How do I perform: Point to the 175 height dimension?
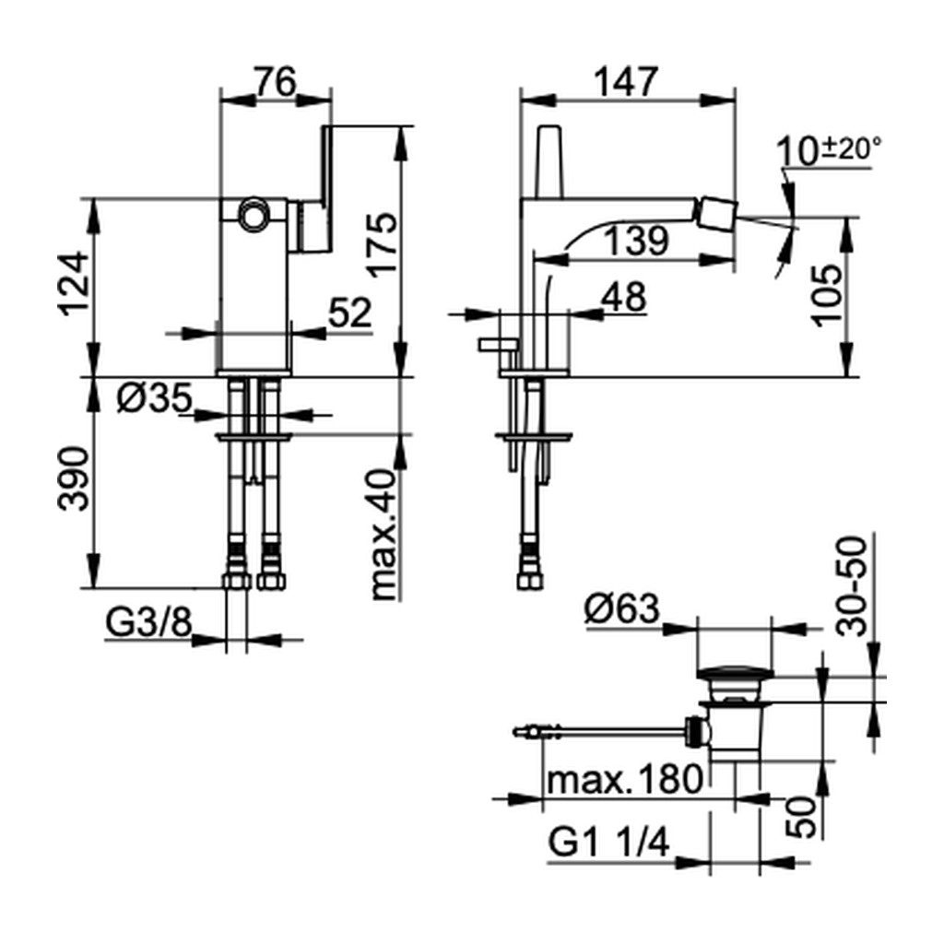tap(383, 244)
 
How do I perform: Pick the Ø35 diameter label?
tap(155, 398)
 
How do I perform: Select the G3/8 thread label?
tap(148, 624)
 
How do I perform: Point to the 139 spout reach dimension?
tap(635, 240)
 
